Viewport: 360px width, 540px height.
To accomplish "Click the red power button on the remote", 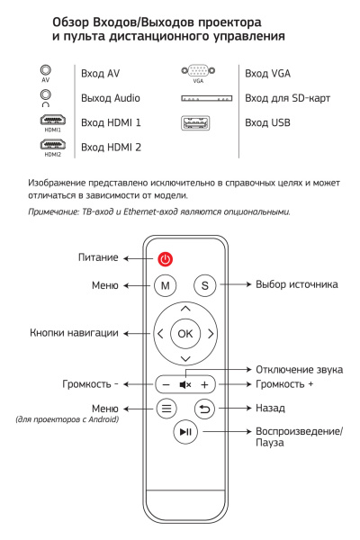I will pos(165,259).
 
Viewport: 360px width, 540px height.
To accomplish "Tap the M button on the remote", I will pos(165,285).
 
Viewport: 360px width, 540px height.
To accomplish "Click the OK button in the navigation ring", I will pos(185,333).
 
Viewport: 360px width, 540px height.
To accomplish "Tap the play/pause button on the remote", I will pos(185,433).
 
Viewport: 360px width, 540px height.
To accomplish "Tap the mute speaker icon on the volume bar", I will pos(185,383).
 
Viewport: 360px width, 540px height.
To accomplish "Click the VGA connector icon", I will pos(198,70).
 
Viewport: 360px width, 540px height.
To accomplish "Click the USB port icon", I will pos(198,121).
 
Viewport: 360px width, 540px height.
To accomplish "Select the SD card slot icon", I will pos(207,97).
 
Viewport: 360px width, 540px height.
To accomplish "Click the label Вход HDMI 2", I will pos(111,146).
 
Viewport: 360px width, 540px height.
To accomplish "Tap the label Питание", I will pos(97,258).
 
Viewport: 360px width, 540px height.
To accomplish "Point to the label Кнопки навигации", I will pos(74,333).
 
